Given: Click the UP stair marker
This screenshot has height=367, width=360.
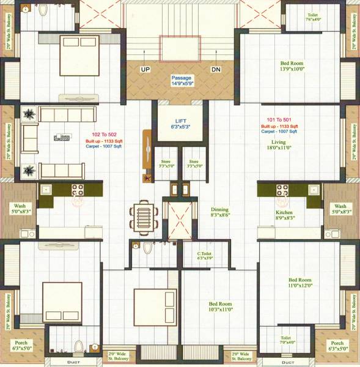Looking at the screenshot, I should pyautogui.click(x=145, y=70).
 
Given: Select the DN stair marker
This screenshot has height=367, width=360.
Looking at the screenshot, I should pyautogui.click(x=215, y=70).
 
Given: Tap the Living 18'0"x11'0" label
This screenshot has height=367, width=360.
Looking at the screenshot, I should pyautogui.click(x=279, y=144).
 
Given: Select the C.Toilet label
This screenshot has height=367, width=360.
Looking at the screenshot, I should pyautogui.click(x=204, y=255).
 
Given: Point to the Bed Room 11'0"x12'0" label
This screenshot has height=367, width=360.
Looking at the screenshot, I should pyautogui.click(x=300, y=281).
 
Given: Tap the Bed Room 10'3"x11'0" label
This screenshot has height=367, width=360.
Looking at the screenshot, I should pyautogui.click(x=221, y=306).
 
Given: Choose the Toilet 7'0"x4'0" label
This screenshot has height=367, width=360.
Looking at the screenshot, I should pyautogui.click(x=285, y=339).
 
